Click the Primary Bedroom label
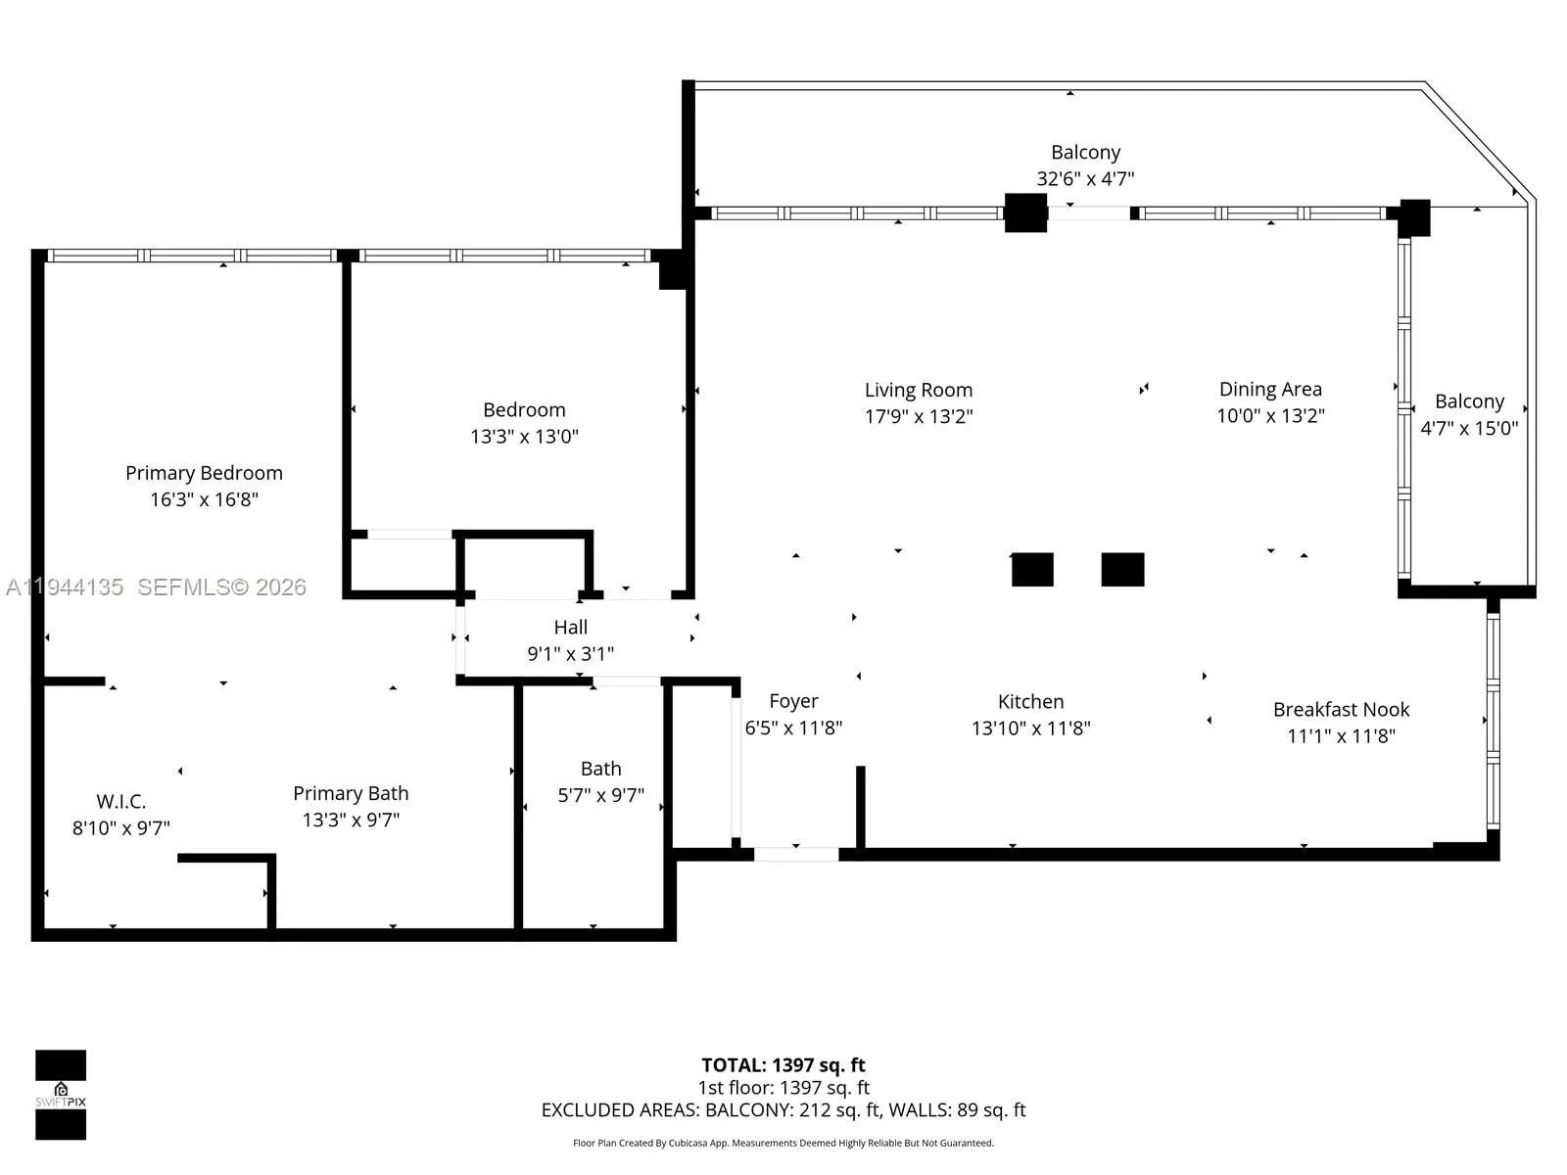point(204,473)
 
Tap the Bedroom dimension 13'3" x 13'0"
point(524,436)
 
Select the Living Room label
point(918,390)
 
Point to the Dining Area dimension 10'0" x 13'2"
point(1270,415)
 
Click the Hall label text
point(570,627)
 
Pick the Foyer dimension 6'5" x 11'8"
point(793,728)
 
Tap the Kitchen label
point(1030,701)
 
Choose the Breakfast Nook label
point(1341,709)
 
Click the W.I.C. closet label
point(120,801)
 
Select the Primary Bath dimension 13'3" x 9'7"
point(351,820)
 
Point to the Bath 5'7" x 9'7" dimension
point(600,795)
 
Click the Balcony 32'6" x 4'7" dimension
point(1085,178)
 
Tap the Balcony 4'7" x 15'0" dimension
point(1469,428)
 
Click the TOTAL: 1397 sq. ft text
point(783,1065)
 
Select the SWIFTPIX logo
point(61,1095)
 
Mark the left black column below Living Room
point(1032,569)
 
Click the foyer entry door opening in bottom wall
point(796,854)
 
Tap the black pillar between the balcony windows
point(1025,212)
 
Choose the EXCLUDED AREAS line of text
point(783,1110)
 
